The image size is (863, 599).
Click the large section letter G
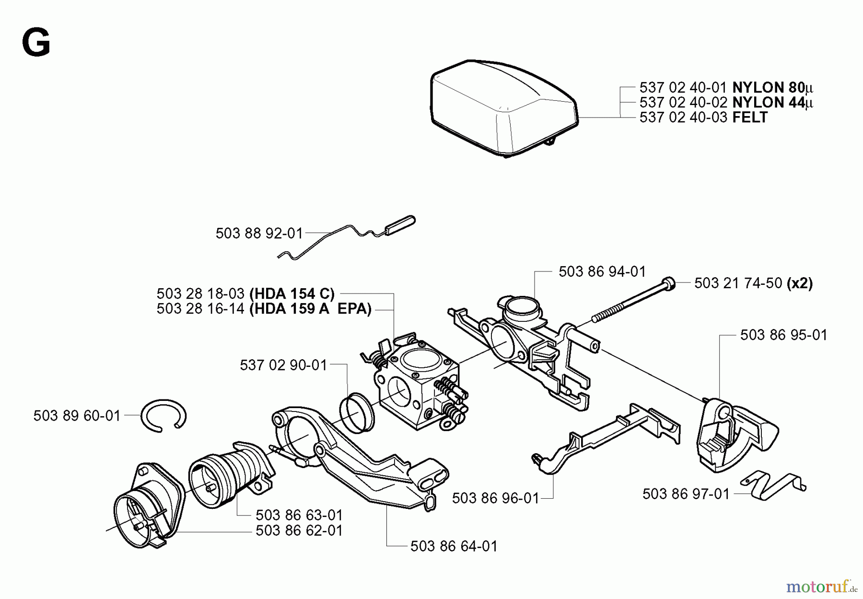(36, 43)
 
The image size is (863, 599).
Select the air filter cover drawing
(503, 108)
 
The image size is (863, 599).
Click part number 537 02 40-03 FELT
(703, 117)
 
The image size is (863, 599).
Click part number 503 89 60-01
(77, 415)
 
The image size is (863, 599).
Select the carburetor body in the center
(417, 384)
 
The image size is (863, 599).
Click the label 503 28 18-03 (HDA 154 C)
(245, 294)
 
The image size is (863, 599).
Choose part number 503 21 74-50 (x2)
(753, 283)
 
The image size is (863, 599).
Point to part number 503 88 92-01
(259, 234)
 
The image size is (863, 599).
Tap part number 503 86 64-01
(454, 546)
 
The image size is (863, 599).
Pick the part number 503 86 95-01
(783, 335)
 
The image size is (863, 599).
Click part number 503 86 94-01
(602, 271)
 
